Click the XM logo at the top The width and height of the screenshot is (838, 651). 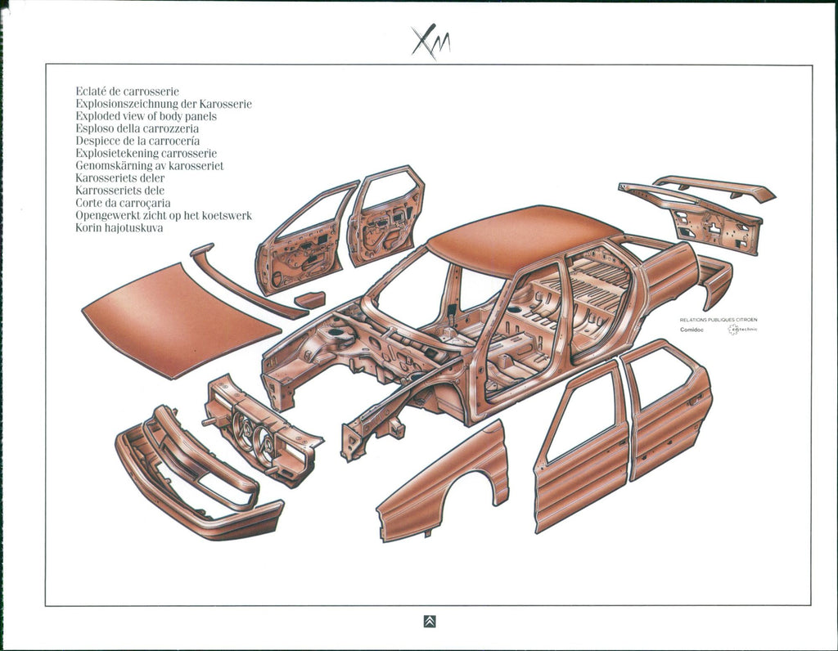click(430, 40)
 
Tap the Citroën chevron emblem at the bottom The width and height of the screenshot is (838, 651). click(430, 622)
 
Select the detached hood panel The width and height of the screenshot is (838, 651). click(180, 319)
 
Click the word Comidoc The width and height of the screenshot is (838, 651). click(692, 330)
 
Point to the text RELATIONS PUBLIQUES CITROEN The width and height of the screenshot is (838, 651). click(719, 320)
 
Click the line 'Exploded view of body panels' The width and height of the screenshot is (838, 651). click(146, 116)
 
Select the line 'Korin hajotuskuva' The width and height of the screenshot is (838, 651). click(119, 227)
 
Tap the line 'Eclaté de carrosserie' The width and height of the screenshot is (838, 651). click(127, 92)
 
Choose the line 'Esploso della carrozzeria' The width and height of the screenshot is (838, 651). click(137, 128)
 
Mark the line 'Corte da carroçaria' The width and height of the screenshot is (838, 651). click(123, 203)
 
